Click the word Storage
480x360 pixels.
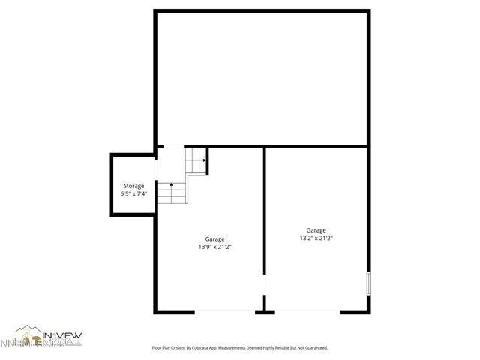[133, 186]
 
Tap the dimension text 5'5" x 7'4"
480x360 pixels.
[133, 193]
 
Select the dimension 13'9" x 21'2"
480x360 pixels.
[214, 247]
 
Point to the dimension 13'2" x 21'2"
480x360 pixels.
[316, 238]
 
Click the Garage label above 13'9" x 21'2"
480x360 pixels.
[214, 239]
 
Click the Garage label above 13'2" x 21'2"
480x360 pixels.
[316, 230]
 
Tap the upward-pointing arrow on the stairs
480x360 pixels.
[171, 185]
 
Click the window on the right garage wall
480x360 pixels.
[367, 283]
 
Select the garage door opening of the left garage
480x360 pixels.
[225, 310]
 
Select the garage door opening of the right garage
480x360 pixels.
[307, 310]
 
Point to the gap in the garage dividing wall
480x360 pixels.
[264, 286]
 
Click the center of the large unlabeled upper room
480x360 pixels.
[262, 78]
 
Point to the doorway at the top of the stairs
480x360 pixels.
[171, 146]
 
